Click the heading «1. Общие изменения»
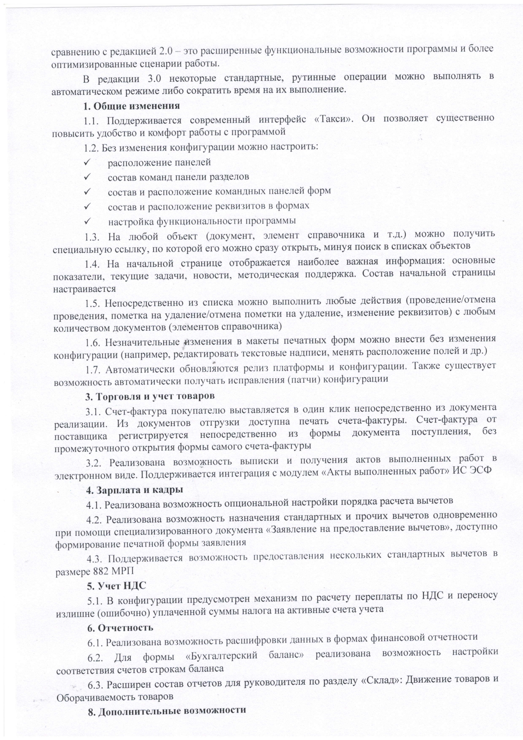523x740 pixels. pos(131,105)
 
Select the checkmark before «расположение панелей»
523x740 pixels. pos(88,162)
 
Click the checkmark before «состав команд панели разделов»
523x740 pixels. pos(88,177)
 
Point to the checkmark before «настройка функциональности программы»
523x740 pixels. pos(88,221)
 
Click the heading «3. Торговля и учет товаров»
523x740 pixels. pos(150,396)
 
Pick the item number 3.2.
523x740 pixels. pos(94,463)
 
